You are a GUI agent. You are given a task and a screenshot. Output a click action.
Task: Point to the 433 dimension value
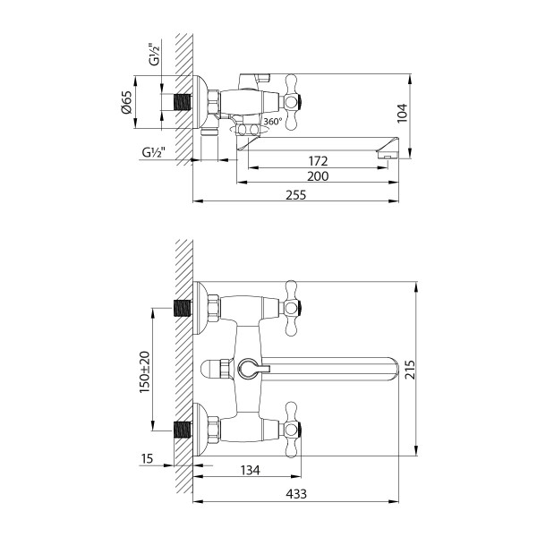point(295,492)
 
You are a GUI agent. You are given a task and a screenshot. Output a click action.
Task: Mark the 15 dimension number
point(149,459)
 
